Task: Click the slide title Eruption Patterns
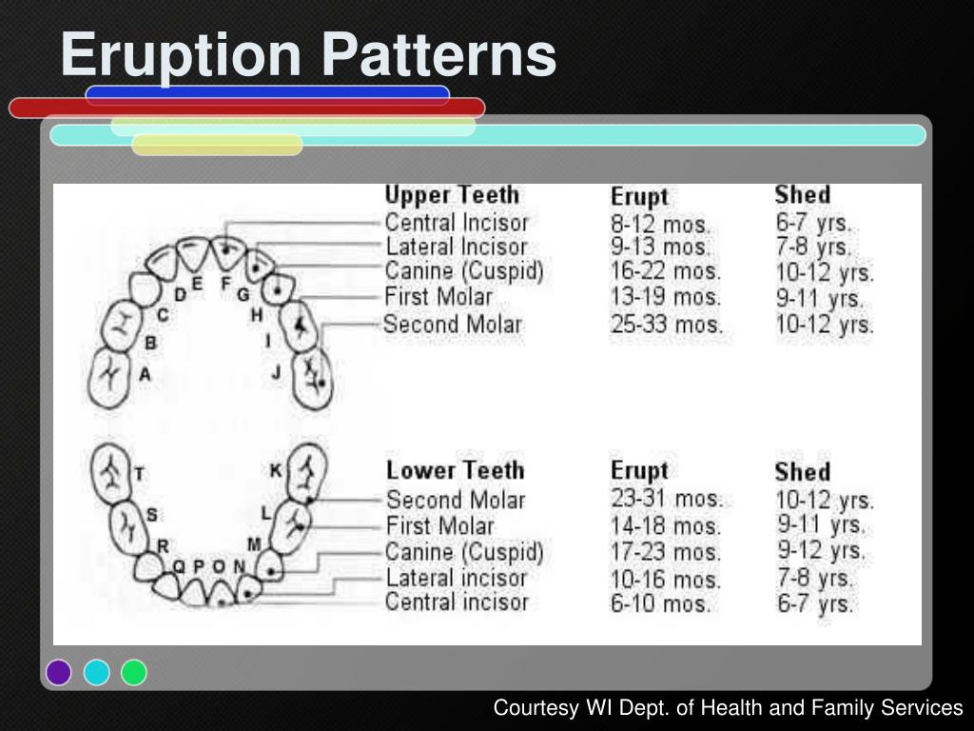(307, 54)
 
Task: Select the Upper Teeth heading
(452, 195)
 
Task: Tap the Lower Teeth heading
(455, 470)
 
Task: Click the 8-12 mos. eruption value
(660, 225)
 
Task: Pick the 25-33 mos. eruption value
(666, 325)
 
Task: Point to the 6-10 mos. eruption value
(660, 603)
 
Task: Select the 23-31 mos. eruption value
(666, 499)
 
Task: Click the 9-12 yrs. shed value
(822, 550)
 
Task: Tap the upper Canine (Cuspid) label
(464, 272)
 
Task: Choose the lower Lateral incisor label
(456, 577)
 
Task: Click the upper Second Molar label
(453, 325)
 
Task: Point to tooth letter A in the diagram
(145, 374)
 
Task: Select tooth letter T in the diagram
(140, 473)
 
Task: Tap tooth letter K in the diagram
(276, 470)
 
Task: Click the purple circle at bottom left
(59, 672)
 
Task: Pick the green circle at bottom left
(134, 672)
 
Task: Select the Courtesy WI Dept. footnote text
(728, 708)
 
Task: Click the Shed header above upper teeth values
(802, 195)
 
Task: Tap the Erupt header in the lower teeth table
(639, 470)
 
